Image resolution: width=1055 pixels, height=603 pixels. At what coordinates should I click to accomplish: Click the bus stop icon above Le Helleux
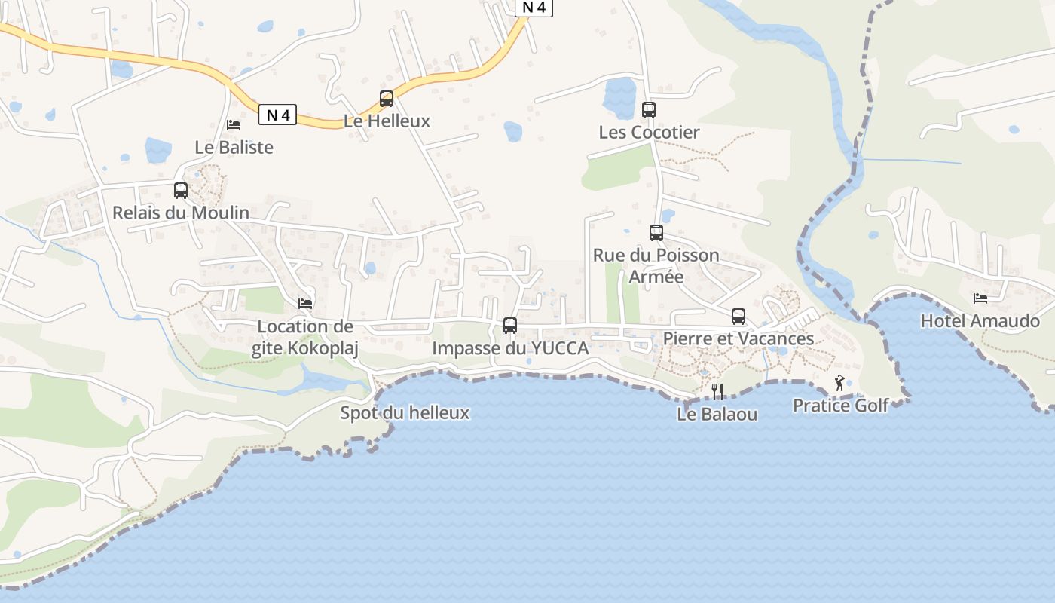coord(387,98)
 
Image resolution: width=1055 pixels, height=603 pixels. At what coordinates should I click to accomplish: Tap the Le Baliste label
coord(234,147)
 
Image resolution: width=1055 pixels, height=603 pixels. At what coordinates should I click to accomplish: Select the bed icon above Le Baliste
coord(234,124)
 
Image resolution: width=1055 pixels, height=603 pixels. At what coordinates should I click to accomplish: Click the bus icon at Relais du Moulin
coord(181,190)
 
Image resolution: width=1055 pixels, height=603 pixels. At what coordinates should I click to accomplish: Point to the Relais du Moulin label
coord(181,213)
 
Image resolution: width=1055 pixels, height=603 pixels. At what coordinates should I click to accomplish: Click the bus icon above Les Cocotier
coord(649,110)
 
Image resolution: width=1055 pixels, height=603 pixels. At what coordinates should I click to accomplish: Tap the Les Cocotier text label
coord(649,133)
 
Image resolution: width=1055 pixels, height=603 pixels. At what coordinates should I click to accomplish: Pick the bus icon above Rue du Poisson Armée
coord(656,232)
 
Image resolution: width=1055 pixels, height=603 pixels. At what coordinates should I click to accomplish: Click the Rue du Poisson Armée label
coord(656,265)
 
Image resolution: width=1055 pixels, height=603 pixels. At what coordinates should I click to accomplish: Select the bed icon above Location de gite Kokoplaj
coord(305,303)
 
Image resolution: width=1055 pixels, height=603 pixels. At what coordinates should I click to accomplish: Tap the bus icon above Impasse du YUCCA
coord(510,326)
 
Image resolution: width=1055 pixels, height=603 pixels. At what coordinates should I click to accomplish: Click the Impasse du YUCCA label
coord(510,348)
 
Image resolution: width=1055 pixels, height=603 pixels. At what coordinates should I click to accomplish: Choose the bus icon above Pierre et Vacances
coord(738,317)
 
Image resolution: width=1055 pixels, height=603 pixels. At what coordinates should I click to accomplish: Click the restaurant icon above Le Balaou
coord(717,391)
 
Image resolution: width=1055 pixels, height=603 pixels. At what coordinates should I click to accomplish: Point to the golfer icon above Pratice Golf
coord(840,383)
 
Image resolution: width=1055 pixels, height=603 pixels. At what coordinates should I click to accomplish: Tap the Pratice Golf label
coord(840,406)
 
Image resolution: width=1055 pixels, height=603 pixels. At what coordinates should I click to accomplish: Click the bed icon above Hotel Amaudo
coord(980,298)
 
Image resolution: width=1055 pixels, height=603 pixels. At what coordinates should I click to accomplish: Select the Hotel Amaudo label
coord(980,321)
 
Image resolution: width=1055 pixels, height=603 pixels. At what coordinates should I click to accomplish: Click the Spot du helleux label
coord(405,412)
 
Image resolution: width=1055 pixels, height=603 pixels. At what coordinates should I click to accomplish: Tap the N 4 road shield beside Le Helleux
coord(278,115)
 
